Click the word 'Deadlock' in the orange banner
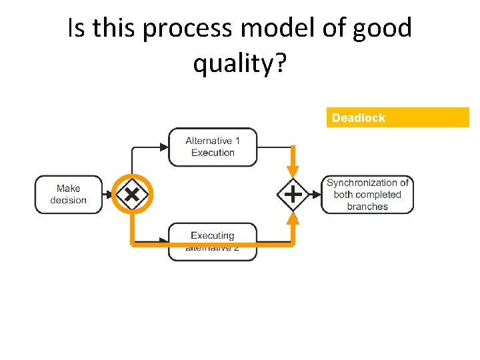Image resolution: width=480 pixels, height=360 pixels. click(359, 118)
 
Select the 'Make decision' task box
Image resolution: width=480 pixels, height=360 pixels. click(69, 195)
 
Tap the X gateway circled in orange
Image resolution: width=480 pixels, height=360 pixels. click(132, 195)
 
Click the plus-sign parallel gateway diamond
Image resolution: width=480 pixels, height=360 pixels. click(292, 195)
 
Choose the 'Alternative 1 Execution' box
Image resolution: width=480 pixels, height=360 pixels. click(213, 147)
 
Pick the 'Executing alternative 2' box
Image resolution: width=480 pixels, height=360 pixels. click(213, 241)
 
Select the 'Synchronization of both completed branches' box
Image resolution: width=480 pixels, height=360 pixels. click(367, 195)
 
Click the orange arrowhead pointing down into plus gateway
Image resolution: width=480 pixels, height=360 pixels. click(292, 173)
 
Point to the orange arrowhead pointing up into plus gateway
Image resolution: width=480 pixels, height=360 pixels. click(292, 217)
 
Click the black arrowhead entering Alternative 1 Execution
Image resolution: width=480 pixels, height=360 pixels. click(163, 147)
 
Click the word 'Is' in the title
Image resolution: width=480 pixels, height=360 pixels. click(77, 29)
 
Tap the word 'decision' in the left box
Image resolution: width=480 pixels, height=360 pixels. click(69, 201)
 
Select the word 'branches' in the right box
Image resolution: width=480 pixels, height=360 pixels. click(367, 207)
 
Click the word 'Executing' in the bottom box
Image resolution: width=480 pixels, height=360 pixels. click(213, 235)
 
